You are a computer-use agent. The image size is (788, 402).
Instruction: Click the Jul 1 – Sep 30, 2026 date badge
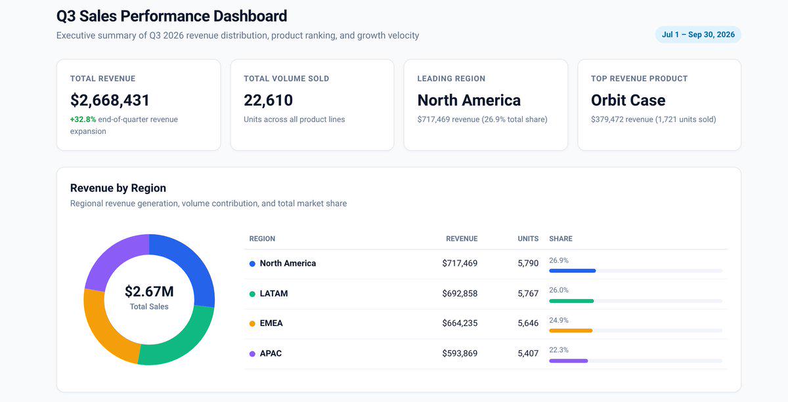(698, 35)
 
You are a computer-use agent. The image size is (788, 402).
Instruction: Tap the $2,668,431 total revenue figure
(110, 100)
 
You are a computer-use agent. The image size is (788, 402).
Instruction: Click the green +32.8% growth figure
(83, 119)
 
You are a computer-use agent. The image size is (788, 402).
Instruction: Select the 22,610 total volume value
(268, 100)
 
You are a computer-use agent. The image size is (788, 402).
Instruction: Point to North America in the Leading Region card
(469, 100)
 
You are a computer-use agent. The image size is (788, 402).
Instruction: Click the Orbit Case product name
(628, 100)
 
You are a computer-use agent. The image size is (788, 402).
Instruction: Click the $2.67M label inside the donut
(149, 291)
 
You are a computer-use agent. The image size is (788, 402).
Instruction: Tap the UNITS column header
(528, 239)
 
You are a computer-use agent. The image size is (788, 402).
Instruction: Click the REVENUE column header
(462, 239)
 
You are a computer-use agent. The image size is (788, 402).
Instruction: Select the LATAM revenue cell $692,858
(460, 293)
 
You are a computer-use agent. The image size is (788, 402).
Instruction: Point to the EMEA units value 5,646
(528, 323)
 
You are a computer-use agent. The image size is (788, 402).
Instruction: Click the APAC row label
(271, 353)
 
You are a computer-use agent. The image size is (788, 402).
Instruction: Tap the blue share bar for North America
(573, 271)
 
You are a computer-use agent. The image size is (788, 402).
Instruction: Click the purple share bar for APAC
(569, 361)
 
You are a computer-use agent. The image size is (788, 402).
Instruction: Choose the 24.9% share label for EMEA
(559, 320)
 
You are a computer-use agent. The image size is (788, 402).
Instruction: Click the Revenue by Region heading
(118, 188)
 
